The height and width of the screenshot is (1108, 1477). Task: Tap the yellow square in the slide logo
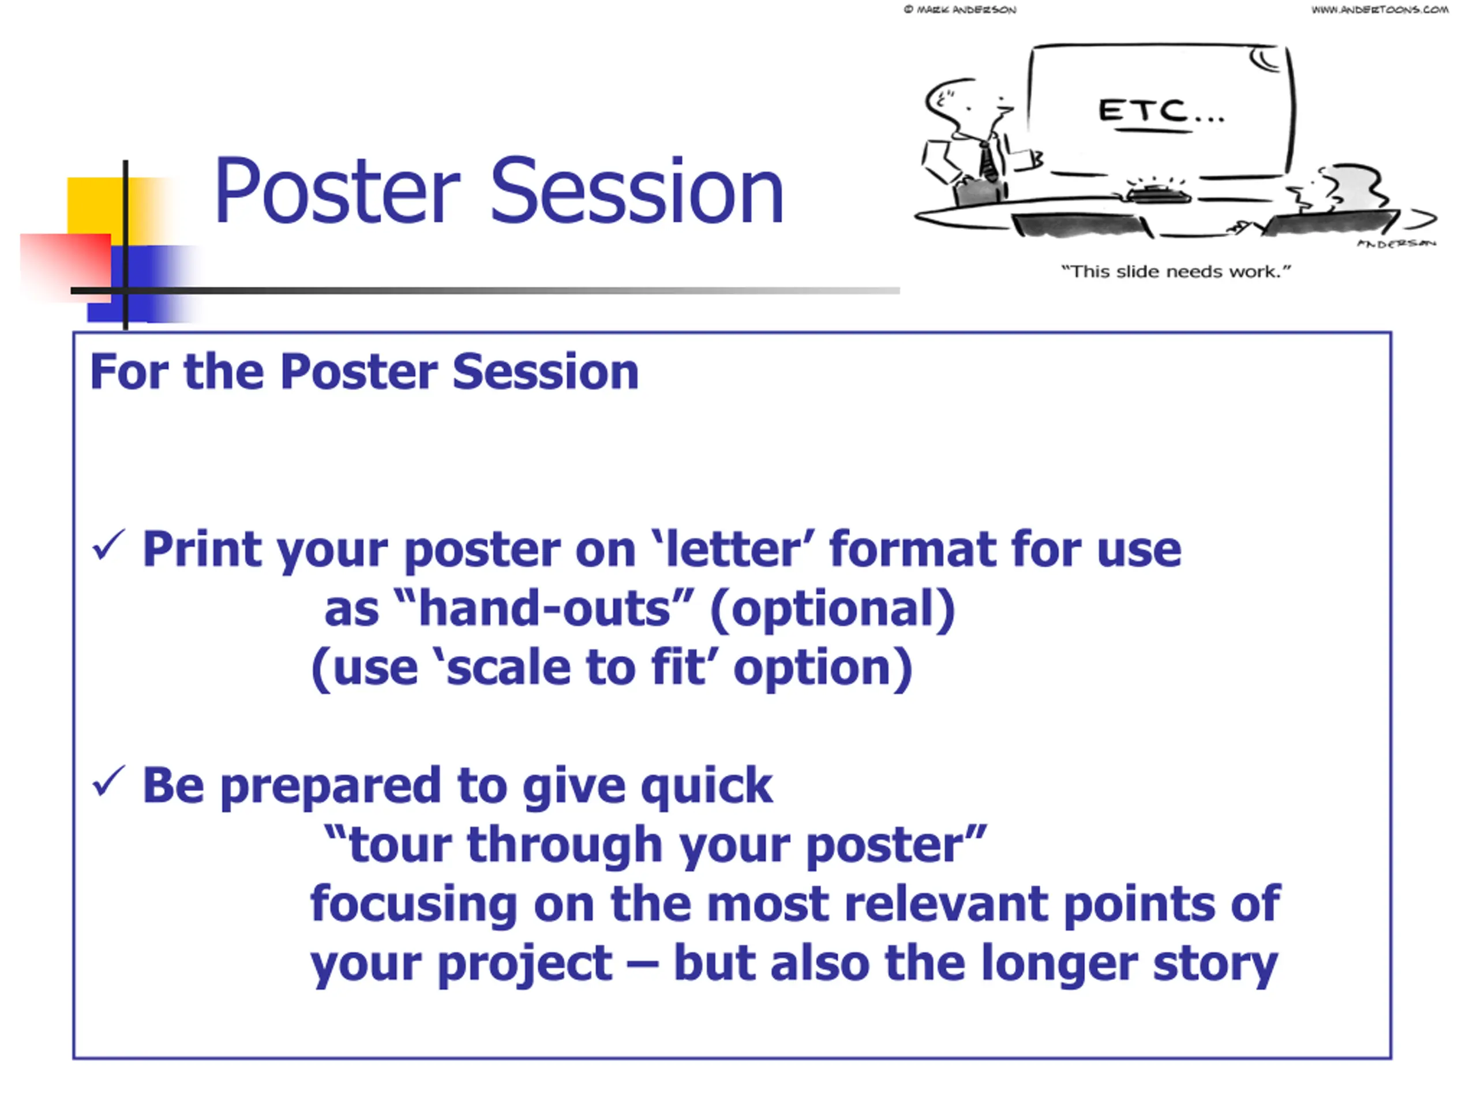100,207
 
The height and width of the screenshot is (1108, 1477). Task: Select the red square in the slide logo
65,267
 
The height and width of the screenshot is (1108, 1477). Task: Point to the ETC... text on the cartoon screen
1161,110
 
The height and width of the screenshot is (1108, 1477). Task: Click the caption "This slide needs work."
1176,271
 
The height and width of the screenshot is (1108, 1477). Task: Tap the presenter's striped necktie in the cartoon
987,160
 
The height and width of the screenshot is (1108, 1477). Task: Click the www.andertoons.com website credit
1379,9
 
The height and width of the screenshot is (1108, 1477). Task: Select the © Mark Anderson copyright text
960,9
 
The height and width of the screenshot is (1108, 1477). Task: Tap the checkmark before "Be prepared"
108,781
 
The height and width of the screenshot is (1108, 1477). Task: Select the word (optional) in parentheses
832,609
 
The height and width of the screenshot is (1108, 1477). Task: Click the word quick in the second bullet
706,787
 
